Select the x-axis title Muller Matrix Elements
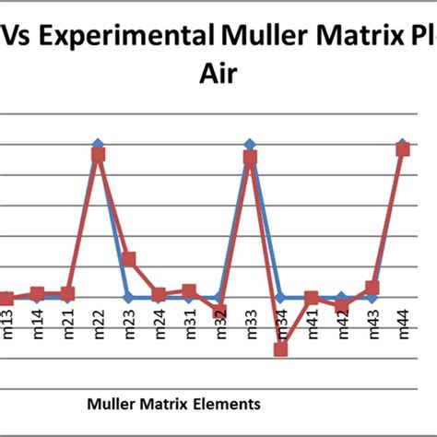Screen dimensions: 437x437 coord(172,403)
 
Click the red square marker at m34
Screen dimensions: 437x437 coord(281,349)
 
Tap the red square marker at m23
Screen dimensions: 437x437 coord(129,259)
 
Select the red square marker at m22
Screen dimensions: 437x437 coord(99,156)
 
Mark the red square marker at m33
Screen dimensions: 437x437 coord(250,158)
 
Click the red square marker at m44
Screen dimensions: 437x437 coord(403,148)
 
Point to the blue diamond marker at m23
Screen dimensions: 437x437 coord(129,297)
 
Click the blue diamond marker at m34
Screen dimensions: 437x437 coord(281,297)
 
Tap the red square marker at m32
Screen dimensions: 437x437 coord(219,313)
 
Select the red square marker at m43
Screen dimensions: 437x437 coord(372,289)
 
